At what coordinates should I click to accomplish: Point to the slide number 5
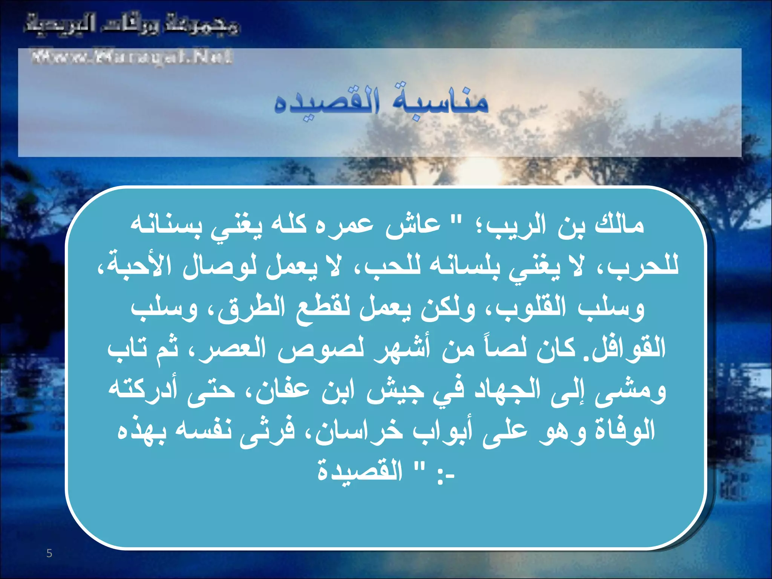49,553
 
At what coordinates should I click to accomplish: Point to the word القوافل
629,349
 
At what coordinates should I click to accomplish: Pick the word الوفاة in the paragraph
625,431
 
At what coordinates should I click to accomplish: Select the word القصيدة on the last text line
360,471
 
